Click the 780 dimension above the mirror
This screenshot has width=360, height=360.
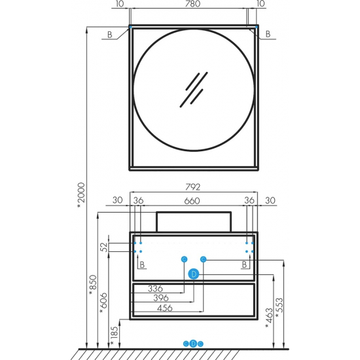click(192, 4)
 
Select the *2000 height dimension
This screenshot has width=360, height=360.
click(81, 196)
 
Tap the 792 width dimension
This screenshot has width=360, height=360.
click(192, 187)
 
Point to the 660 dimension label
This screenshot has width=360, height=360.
click(192, 201)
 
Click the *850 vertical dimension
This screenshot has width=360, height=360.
click(93, 285)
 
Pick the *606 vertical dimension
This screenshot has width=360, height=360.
click(103, 303)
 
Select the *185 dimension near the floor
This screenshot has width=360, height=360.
click(114, 336)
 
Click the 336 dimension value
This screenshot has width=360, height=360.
click(155, 289)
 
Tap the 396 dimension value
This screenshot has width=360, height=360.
click(161, 298)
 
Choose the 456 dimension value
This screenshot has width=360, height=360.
click(164, 308)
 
